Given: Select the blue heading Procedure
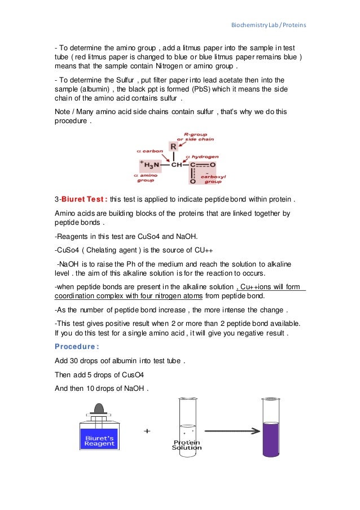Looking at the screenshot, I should point(73,346).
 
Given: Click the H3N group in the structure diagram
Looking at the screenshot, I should point(151,165).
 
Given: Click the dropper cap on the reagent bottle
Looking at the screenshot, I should point(99,408).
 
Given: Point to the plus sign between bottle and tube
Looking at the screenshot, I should point(147,431).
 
